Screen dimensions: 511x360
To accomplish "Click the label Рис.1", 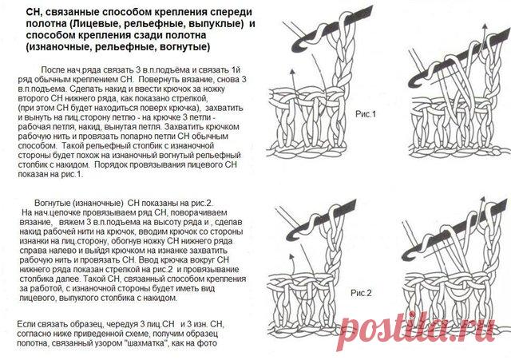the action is tap(366, 114).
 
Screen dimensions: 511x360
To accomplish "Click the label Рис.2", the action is tap(361, 293).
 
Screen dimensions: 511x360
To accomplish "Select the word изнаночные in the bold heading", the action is tap(57, 47).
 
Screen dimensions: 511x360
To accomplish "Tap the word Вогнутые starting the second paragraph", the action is tap(52, 204).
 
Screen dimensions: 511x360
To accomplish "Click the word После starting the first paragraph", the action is tap(53, 70).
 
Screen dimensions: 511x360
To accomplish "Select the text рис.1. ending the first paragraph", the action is tap(73, 174).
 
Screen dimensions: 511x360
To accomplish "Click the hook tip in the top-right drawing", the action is tap(411, 84).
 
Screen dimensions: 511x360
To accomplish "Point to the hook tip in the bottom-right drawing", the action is tap(406, 256).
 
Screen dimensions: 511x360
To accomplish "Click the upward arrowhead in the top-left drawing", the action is tap(292, 71).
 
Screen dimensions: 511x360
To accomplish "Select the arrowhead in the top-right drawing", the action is tap(485, 26).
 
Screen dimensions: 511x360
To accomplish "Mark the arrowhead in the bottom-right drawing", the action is tap(482, 199).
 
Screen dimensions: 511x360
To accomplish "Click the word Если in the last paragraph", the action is tap(26, 325).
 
